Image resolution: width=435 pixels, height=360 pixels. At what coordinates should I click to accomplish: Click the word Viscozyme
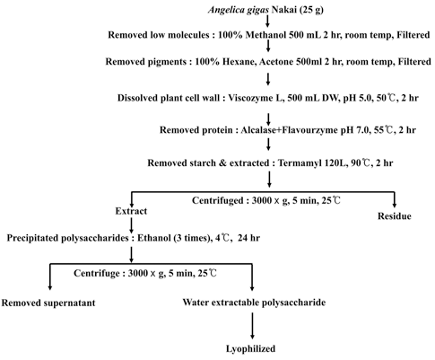click(x=249, y=98)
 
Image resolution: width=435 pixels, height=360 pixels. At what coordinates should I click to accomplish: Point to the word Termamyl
click(x=298, y=163)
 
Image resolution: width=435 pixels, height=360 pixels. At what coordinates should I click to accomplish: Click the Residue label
click(x=395, y=216)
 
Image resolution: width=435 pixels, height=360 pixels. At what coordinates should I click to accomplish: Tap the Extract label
click(x=131, y=211)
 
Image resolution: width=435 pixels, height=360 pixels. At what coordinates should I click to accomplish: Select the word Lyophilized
click(x=250, y=349)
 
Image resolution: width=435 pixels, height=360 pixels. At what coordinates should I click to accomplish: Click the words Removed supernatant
click(x=48, y=303)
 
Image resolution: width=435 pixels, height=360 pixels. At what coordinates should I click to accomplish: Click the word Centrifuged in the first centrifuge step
click(x=218, y=200)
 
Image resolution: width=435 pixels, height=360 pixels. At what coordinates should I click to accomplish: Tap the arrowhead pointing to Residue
click(x=395, y=205)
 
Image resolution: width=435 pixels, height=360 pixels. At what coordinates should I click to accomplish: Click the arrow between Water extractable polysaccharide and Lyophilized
click(x=253, y=326)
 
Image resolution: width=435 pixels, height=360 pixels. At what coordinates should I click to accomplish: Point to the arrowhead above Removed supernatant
click(x=50, y=287)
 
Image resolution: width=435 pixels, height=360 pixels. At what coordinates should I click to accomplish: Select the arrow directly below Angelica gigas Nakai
click(x=268, y=21)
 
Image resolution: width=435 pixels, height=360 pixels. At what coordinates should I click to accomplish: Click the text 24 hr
click(x=248, y=238)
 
